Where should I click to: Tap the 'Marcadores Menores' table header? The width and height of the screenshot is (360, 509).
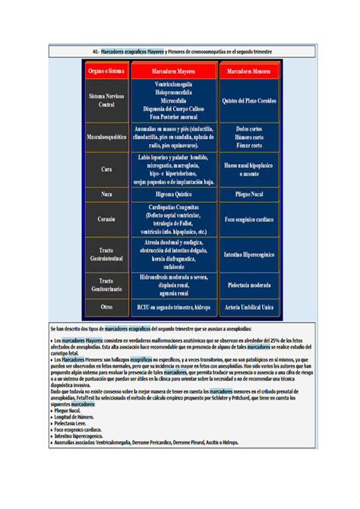point(249,71)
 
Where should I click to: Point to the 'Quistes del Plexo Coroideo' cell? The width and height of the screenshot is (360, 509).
point(249,100)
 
